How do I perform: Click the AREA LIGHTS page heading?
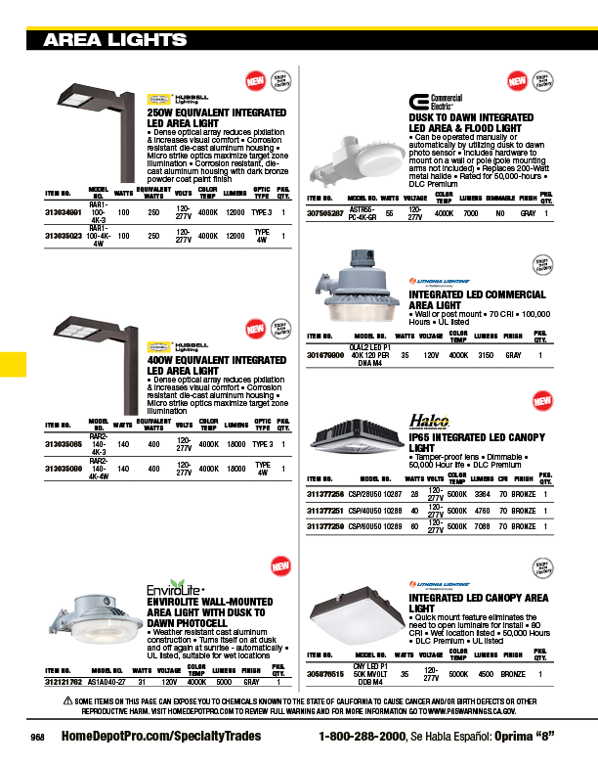pos(115,40)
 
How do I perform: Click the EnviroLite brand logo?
pos(174,590)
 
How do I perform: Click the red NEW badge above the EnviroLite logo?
pos(280,566)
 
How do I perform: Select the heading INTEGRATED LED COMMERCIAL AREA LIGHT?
pos(477,299)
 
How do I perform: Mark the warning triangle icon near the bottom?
pos(68,700)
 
